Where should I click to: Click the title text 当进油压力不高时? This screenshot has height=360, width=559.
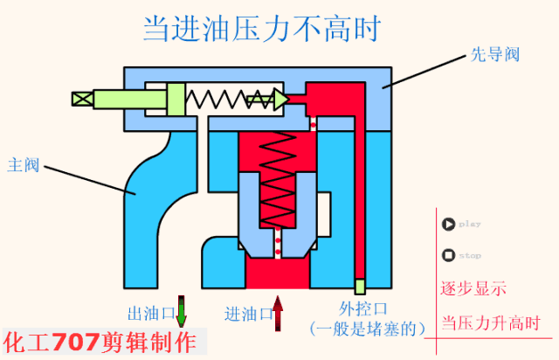(263, 28)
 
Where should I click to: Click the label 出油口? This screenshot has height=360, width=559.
(148, 313)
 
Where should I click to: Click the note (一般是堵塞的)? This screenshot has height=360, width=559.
(367, 329)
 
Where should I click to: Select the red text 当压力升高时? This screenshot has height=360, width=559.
(490, 322)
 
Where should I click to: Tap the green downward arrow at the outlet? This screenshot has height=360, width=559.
(182, 311)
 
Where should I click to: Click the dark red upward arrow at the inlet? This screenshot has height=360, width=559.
(279, 313)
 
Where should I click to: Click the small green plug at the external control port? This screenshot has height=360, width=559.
(359, 286)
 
